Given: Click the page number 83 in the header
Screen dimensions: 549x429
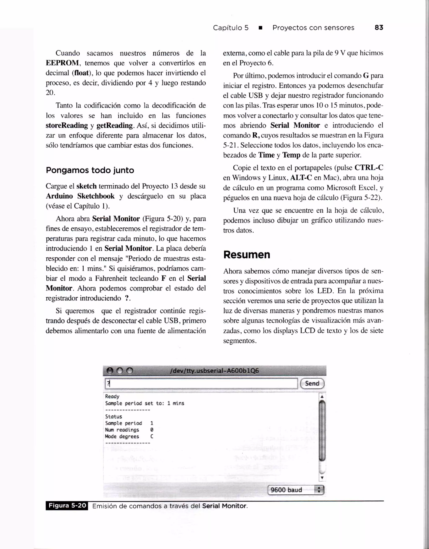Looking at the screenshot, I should pos(379,27).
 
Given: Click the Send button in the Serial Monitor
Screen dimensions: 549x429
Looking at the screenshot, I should pos(312,383).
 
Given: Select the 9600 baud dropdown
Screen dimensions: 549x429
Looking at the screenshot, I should pos(296,490).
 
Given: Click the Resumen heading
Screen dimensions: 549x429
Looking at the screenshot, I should pos(247,255).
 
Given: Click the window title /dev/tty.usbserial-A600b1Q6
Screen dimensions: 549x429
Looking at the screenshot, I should pos(214,371).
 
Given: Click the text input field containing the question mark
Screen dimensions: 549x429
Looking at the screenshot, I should pos(201,384).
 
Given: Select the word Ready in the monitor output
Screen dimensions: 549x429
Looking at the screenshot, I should pos(112,397).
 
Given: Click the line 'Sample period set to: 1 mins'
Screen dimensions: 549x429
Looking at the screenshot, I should pos(145,403).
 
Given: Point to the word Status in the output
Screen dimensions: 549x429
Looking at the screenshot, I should pos(113,417).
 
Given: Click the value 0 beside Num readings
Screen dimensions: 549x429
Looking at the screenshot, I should pos(152,430).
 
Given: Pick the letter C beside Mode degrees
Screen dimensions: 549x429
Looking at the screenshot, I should pos(152,436).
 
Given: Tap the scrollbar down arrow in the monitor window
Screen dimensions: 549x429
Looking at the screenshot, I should pos(322,478).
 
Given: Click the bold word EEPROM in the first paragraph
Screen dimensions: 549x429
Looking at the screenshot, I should pos(62,63).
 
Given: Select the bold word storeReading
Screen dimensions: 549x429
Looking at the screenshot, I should pos(67,125).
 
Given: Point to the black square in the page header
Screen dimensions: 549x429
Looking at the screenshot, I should pos(260,28).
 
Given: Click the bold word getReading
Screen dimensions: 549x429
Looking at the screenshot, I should pos(114,125).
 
